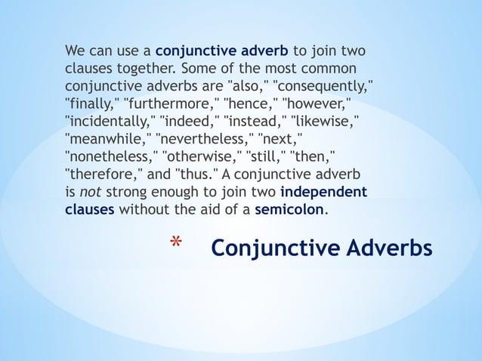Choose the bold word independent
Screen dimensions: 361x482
click(x=323, y=192)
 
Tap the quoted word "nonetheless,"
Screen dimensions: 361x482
click(x=110, y=157)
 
